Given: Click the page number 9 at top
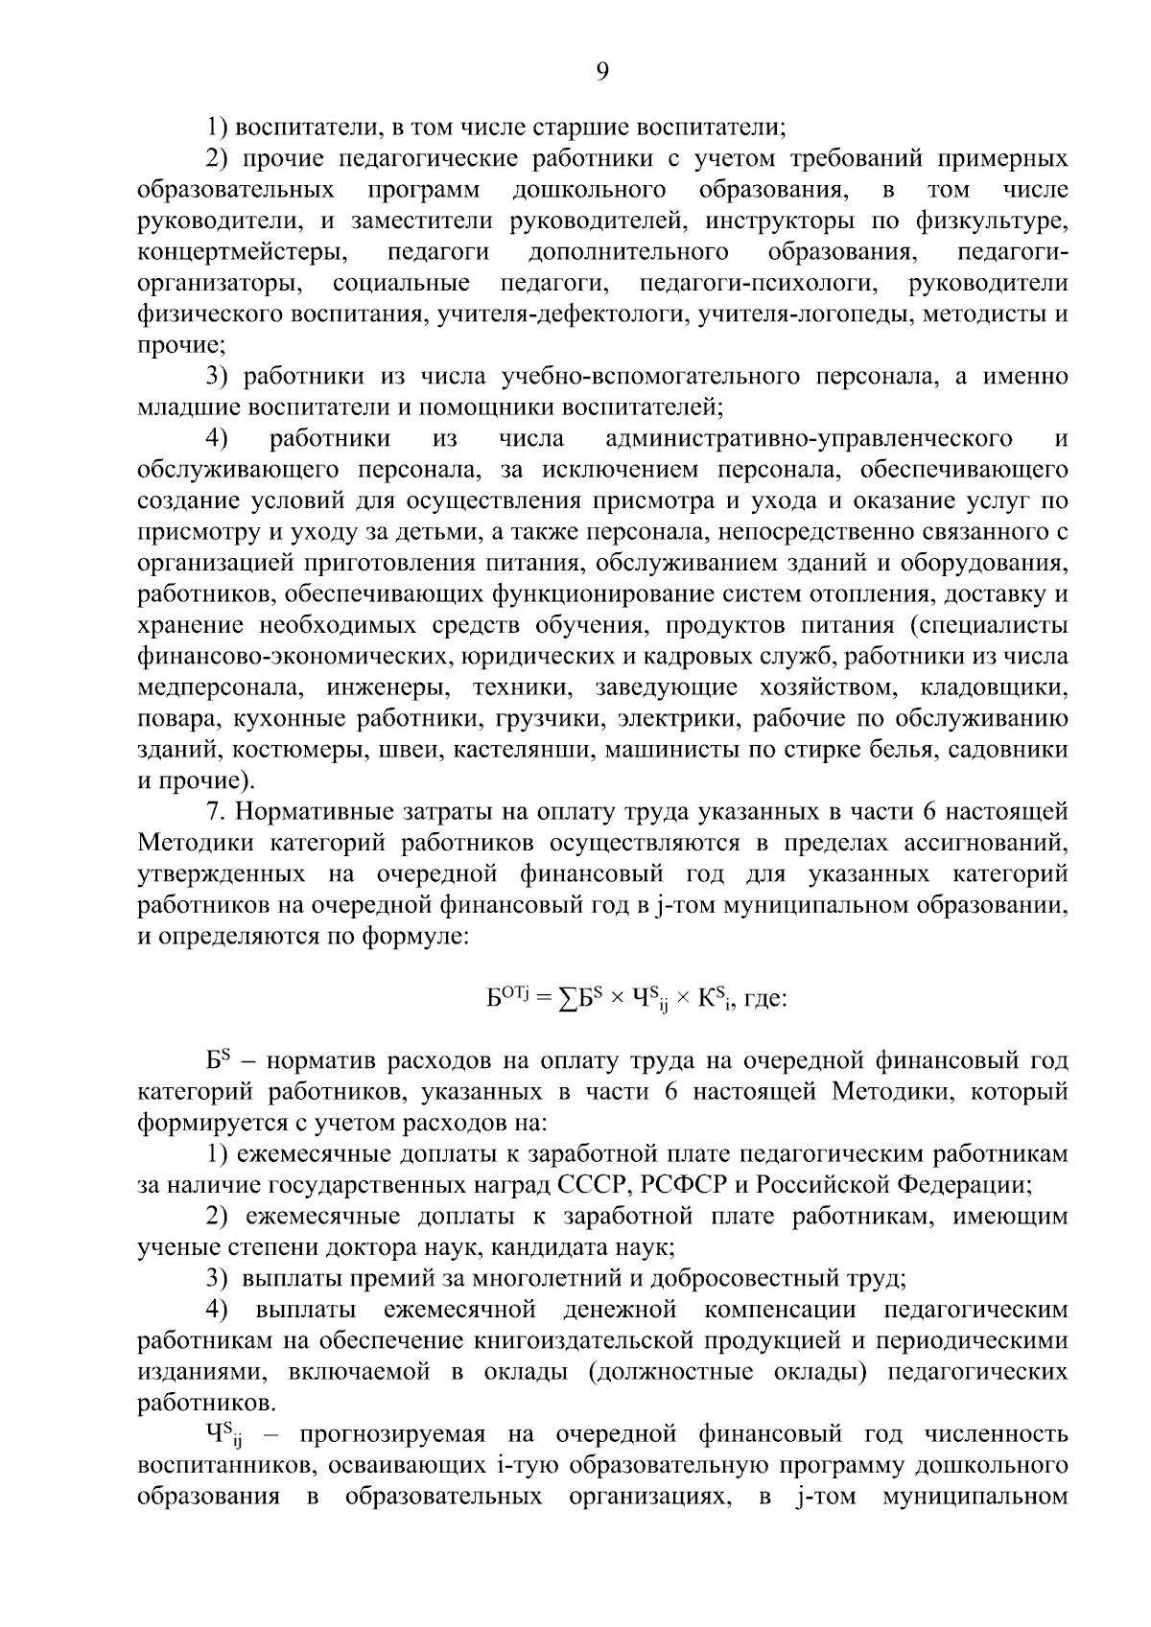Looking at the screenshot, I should pyautogui.click(x=602, y=71).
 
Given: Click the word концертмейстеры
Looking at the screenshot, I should pyautogui.click(x=242, y=252).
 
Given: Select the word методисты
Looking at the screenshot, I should pyautogui.click(x=980, y=314).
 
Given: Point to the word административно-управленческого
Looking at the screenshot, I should pyautogui.click(x=810, y=439).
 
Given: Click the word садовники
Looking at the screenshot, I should pyautogui.click(x=1007, y=750).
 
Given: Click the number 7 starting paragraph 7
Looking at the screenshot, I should pyautogui.click(x=214, y=812).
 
